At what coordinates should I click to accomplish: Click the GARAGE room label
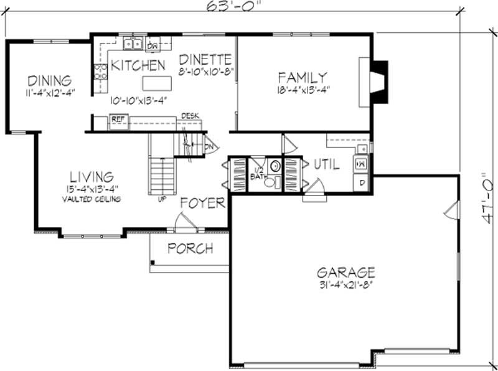pyautogui.click(x=345, y=272)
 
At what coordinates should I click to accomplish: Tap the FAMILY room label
pyautogui.click(x=302, y=78)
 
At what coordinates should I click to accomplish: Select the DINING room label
pyautogui.click(x=49, y=81)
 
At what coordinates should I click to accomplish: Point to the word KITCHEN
pyautogui.click(x=138, y=65)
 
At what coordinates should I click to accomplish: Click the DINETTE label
pyautogui.click(x=205, y=60)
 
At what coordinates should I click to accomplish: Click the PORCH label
pyautogui.click(x=190, y=248)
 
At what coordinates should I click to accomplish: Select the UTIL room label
pyautogui.click(x=326, y=164)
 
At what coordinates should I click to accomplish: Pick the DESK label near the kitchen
pyautogui.click(x=189, y=116)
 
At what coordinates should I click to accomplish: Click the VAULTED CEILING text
pyautogui.click(x=91, y=199)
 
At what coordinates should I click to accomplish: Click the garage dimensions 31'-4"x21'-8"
pyautogui.click(x=345, y=286)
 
